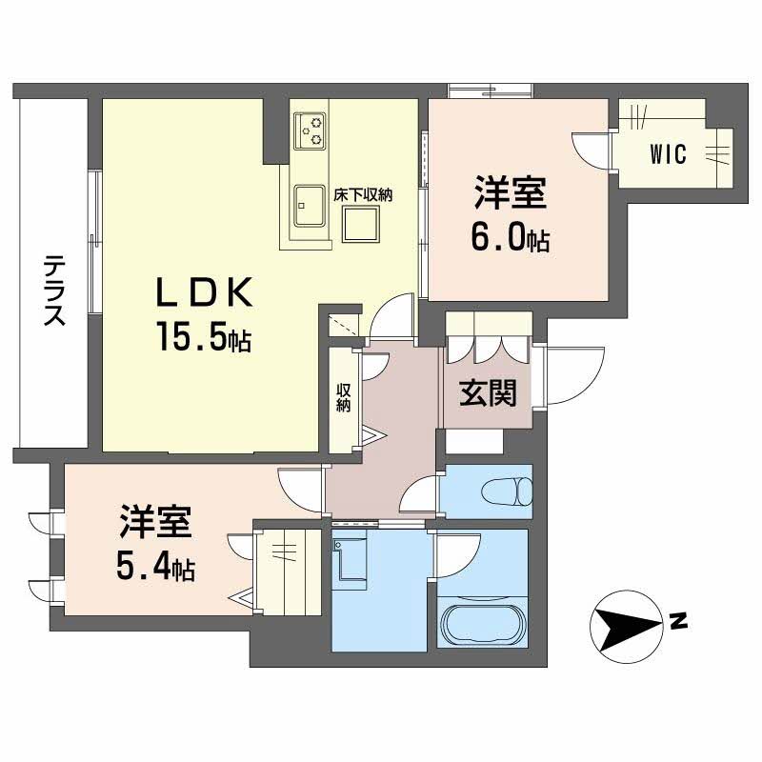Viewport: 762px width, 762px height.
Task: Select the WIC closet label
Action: click(x=669, y=155)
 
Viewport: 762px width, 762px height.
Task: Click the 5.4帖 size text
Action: click(x=155, y=568)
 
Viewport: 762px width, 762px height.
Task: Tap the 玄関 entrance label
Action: click(x=488, y=392)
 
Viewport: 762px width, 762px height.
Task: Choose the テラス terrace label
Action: click(x=54, y=291)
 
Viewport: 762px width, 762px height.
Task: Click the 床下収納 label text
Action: click(x=363, y=193)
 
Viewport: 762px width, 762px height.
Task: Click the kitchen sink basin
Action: click(x=309, y=203)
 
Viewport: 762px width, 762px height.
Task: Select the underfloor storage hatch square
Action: click(x=362, y=224)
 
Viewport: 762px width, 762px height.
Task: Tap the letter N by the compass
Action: click(x=677, y=624)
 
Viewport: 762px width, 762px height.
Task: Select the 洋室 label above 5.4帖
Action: click(x=155, y=523)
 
